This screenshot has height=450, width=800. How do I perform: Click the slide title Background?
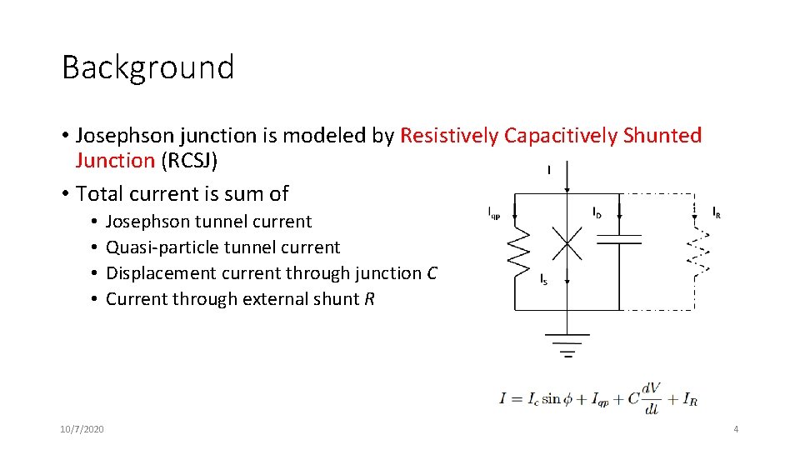147,67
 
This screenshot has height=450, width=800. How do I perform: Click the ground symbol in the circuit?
567,344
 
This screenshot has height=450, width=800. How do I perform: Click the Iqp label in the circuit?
494,212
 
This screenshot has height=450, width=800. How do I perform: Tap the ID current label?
597,212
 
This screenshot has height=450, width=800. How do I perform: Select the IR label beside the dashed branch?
717,212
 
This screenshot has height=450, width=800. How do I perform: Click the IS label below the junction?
543,278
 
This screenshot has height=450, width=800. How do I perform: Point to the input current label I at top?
548,170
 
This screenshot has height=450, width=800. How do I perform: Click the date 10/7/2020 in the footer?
82,429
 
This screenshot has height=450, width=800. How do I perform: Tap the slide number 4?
736,429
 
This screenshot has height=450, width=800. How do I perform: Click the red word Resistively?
450,136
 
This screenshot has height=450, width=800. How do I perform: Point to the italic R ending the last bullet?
369,299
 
